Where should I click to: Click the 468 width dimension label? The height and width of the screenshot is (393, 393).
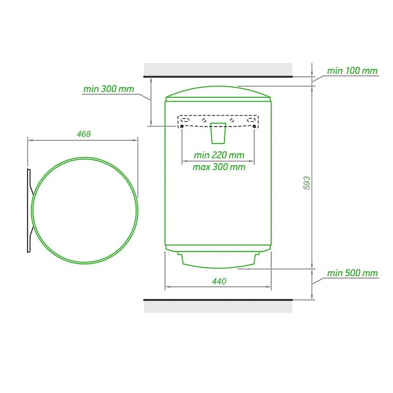(x=84, y=134)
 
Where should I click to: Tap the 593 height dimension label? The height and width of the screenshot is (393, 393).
(x=307, y=183)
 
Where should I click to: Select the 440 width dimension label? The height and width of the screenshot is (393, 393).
(x=219, y=281)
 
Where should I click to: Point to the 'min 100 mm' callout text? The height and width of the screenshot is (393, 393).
(x=352, y=71)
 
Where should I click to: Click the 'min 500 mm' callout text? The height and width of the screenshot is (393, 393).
(x=353, y=273)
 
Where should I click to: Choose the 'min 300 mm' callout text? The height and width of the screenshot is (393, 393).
(x=108, y=89)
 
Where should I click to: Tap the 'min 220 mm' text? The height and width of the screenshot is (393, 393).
(x=219, y=155)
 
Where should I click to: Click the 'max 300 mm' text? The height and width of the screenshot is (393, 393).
(x=219, y=167)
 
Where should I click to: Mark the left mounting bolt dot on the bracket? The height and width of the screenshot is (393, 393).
(x=182, y=126)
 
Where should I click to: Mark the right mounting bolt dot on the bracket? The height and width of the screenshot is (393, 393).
(x=254, y=126)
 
